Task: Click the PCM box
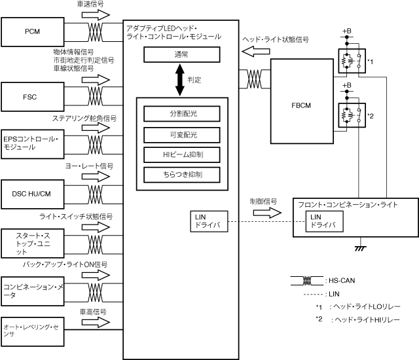(x=31, y=31)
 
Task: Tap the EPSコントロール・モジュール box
(x=31, y=143)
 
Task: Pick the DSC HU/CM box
(x=31, y=194)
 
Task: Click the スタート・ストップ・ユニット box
(x=31, y=242)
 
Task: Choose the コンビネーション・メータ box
(x=31, y=287)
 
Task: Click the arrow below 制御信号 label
(x=259, y=211)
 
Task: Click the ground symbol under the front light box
(x=359, y=248)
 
